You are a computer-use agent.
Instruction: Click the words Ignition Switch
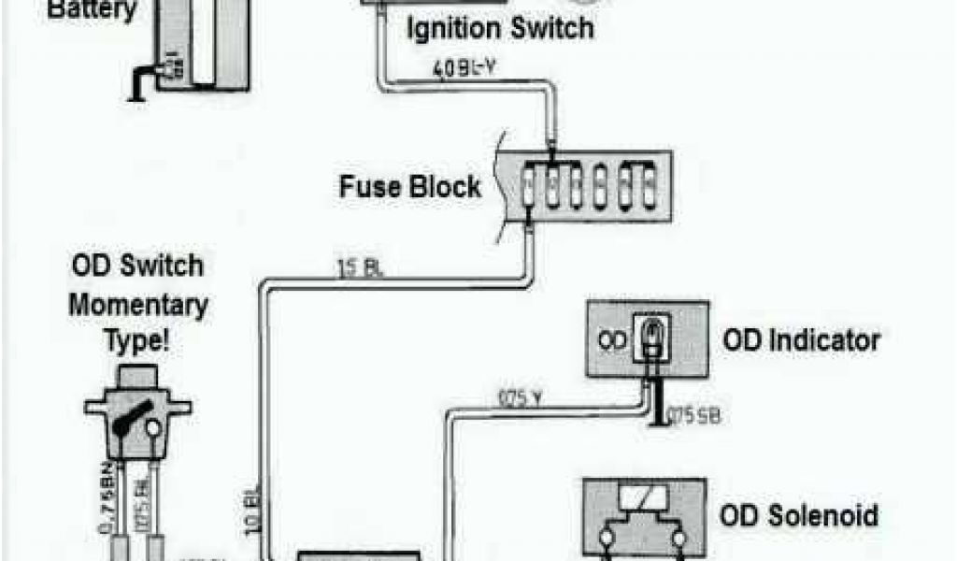point(499,27)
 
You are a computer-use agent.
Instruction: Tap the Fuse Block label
point(408,185)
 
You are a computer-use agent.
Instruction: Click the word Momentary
point(138,305)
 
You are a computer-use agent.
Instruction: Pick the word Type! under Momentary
point(137,339)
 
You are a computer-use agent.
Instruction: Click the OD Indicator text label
point(800,339)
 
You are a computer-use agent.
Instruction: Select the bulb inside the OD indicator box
point(650,333)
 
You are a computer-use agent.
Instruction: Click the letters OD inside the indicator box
point(611,340)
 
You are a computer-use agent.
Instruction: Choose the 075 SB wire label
point(695,415)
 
